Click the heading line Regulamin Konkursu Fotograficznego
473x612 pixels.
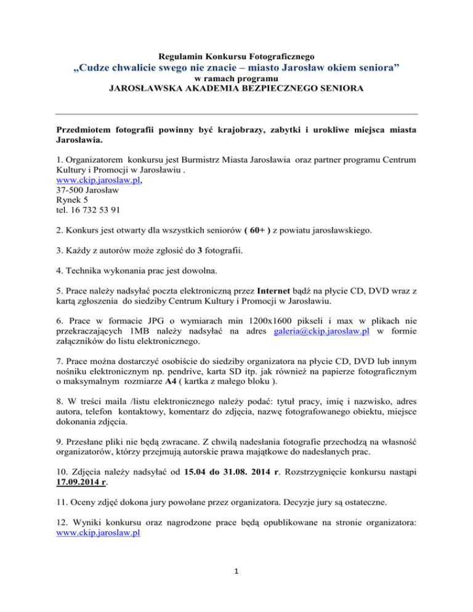(236, 57)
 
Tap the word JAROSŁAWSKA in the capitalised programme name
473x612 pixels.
(145, 89)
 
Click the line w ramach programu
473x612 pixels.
(236, 79)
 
